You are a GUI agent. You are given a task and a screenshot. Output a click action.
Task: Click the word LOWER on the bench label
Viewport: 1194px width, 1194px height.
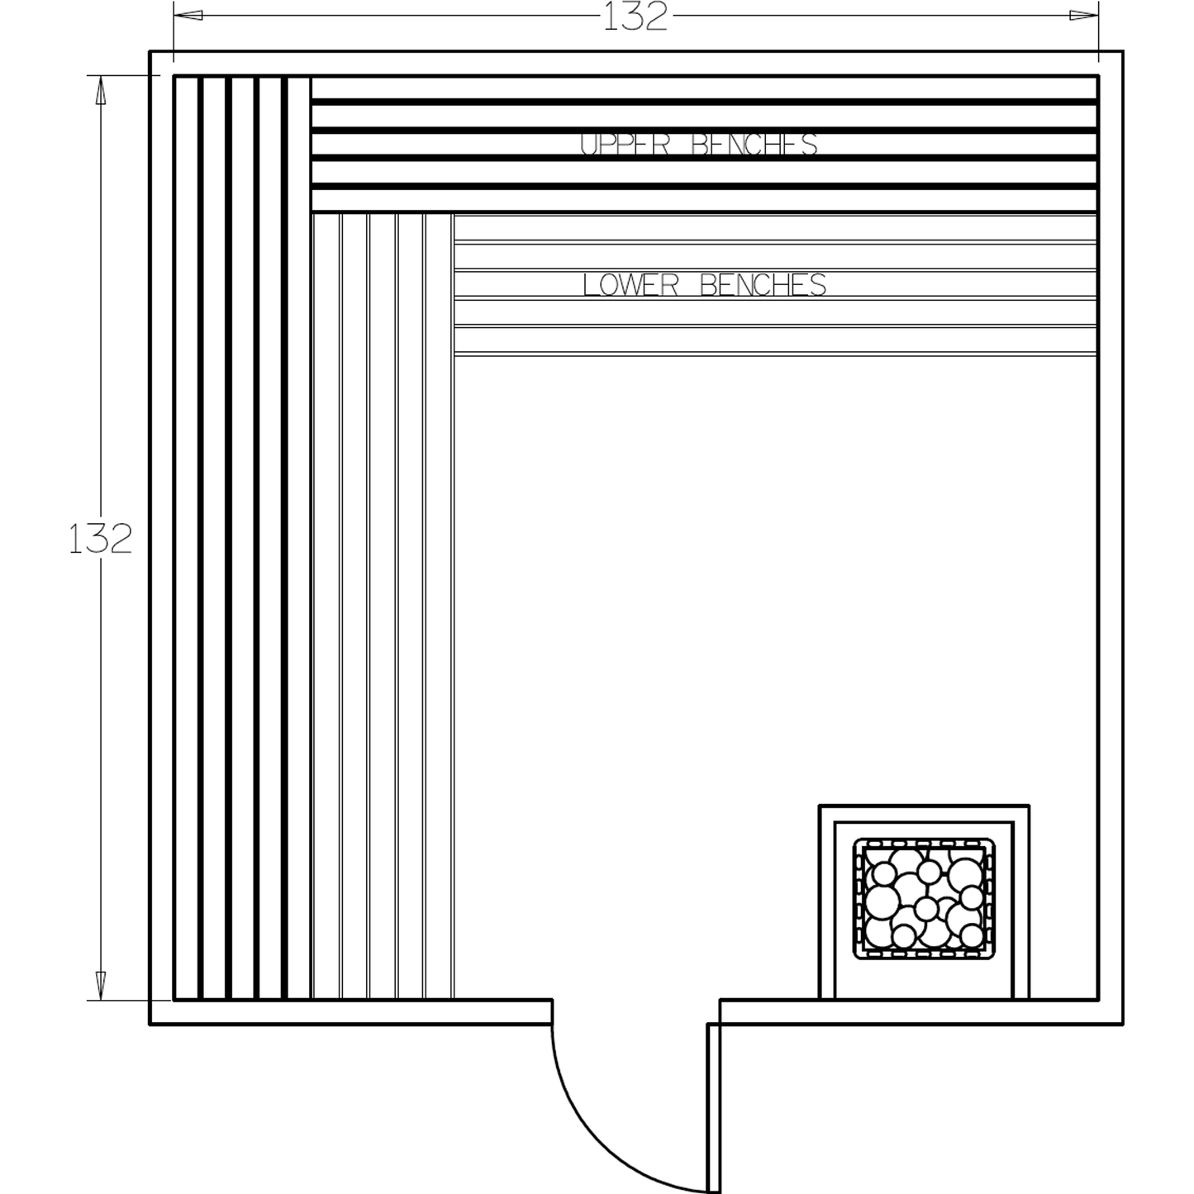click(x=630, y=285)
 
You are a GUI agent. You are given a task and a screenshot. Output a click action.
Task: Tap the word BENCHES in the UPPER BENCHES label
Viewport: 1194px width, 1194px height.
click(x=754, y=145)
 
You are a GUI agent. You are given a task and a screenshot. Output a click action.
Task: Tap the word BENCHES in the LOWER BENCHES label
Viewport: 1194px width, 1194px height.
click(x=763, y=285)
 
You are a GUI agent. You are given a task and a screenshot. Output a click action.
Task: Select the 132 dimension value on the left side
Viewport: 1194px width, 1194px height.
click(x=100, y=540)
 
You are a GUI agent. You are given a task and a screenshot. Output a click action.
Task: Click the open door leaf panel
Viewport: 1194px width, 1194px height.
click(x=713, y=1107)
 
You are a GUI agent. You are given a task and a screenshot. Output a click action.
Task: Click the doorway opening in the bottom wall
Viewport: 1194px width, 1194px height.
click(x=635, y=1012)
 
